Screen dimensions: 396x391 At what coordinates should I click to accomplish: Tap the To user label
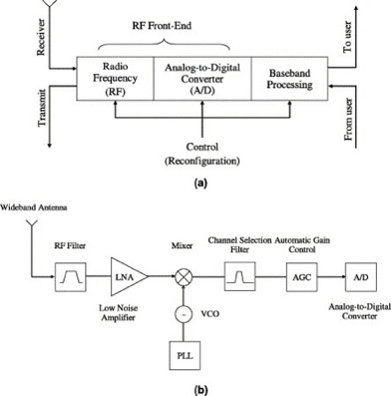(x=377, y=40)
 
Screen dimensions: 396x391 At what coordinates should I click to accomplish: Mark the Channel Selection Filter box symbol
(x=239, y=272)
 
